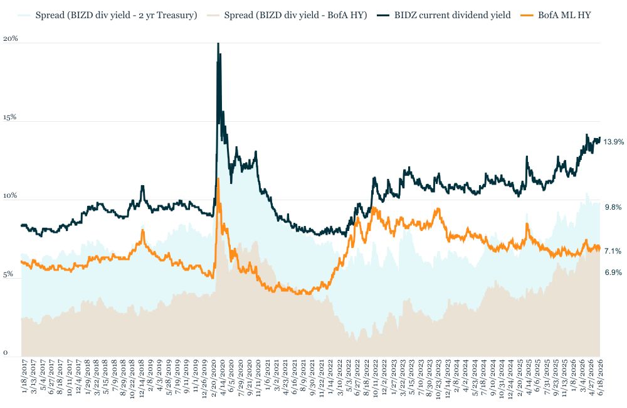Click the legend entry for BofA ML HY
(556, 15)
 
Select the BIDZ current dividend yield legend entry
(443, 15)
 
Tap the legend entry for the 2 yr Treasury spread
(108, 15)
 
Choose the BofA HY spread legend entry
(287, 15)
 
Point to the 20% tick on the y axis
(11, 38)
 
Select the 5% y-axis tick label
(8, 274)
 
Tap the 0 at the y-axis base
(5, 353)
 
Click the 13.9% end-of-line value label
(613, 142)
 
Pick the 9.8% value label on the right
(613, 207)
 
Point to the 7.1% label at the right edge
(613, 251)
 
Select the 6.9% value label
(613, 272)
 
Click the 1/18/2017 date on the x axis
(25, 377)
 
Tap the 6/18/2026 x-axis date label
(600, 377)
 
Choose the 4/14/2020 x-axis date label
(223, 377)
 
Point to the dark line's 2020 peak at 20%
(218, 43)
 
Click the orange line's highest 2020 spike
(218, 178)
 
